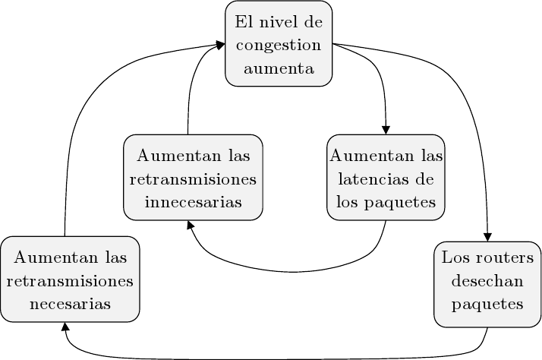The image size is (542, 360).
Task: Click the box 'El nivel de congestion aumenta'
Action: (279, 45)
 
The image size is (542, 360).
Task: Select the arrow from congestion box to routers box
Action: (463, 114)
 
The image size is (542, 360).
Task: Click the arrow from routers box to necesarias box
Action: (273, 355)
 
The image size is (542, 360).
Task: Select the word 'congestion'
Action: (279, 46)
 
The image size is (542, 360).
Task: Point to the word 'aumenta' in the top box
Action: (279, 68)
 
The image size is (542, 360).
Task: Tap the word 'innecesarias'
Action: (193, 203)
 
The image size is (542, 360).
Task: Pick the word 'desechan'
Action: (487, 282)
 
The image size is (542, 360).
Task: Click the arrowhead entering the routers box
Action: (487, 235)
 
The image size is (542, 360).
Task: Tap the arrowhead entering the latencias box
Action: (386, 129)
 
